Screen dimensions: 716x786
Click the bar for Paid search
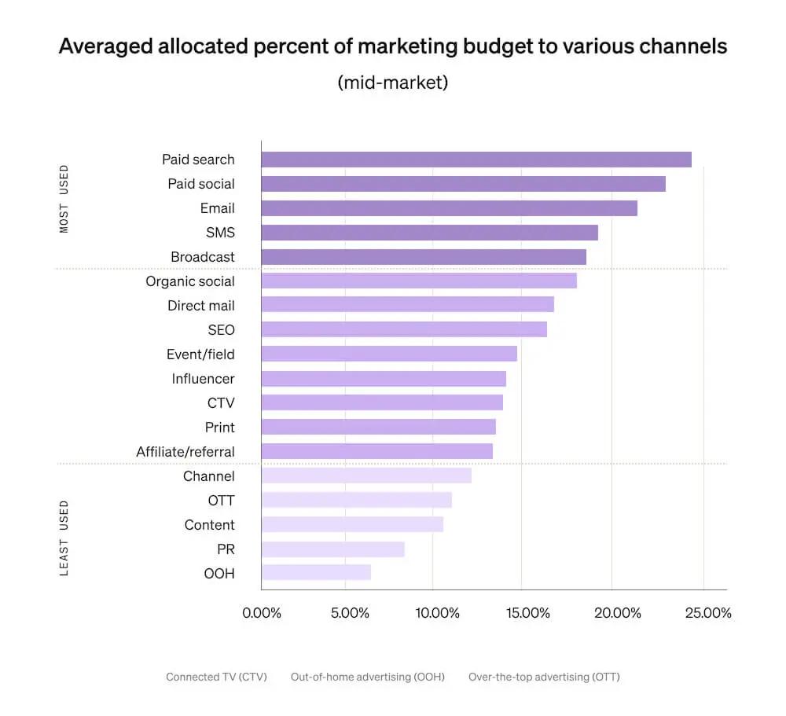pos(476,160)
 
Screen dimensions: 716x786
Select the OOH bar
pos(316,573)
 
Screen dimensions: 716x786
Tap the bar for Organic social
pos(418,281)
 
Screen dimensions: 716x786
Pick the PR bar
pos(332,549)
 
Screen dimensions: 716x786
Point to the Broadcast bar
pos(423,257)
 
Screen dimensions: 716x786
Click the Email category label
pos(217,208)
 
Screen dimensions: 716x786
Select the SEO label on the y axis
pos(221,330)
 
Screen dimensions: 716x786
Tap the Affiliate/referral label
pos(185,452)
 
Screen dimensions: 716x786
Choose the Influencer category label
pos(203,379)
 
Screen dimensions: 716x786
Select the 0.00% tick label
pos(261,613)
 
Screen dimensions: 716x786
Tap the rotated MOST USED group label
pos(64,198)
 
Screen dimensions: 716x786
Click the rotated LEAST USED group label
pos(64,538)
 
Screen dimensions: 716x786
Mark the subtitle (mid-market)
pos(392,82)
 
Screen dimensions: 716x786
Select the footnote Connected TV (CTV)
pos(216,677)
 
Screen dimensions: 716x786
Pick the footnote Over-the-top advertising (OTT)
pos(544,677)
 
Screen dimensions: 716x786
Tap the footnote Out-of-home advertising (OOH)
pos(367,677)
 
